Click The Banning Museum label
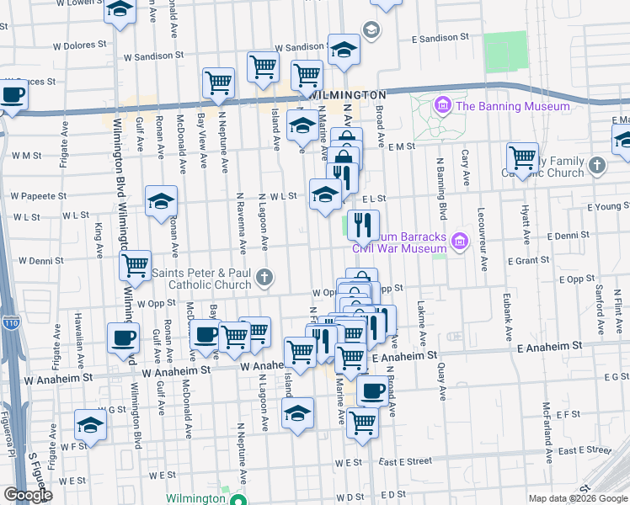[512, 106]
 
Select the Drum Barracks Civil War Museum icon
[459, 242]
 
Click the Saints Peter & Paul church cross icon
[264, 277]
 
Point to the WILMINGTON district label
[348, 95]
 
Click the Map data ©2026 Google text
[578, 498]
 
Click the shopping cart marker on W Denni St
[135, 265]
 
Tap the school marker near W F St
[90, 424]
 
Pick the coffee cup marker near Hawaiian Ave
[123, 338]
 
